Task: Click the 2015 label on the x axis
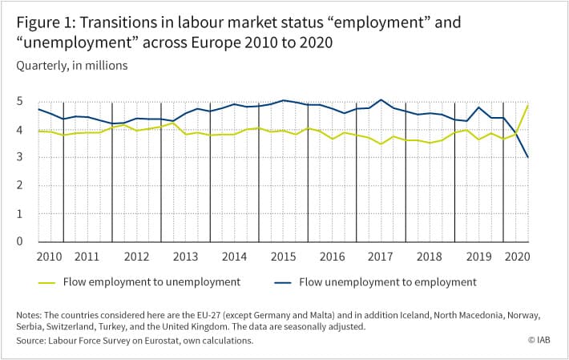coord(283,257)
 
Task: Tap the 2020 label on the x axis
coord(518,257)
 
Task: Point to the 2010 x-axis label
coord(50,257)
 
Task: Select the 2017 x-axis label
coord(381,257)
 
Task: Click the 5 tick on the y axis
coord(19,101)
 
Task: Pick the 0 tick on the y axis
coord(19,241)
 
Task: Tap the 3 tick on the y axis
coord(19,157)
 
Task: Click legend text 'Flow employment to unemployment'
coord(151,282)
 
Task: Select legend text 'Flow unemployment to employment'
coord(388,282)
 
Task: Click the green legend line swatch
coord(46,283)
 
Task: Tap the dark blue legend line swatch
coord(283,283)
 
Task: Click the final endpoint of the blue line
coord(528,157)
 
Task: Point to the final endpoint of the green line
coord(528,105)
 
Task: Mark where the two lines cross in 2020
coord(517,133)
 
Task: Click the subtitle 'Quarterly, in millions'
coord(72,66)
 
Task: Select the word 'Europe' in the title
coord(216,42)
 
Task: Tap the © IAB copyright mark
coord(539,340)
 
